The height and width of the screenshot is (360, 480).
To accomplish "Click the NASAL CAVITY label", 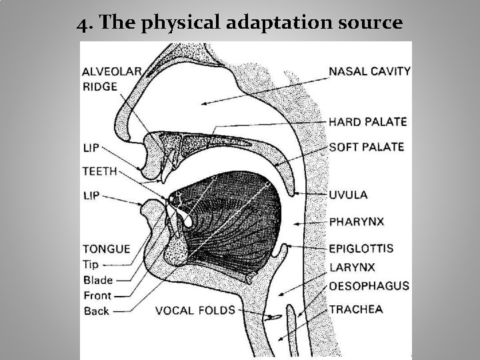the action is coord(369,71).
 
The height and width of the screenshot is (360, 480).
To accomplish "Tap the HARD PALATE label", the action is coord(368,122).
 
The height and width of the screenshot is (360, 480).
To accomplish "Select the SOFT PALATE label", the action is coord(367,147).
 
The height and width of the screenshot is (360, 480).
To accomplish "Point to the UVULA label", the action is coord(348,195).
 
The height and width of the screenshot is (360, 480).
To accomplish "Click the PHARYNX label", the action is coord(357,220).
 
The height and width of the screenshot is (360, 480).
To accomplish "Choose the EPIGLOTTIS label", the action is coord(361,249).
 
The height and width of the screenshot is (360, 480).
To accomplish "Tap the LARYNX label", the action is coord(351,268).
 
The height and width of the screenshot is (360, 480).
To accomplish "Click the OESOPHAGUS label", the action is coord(369,286).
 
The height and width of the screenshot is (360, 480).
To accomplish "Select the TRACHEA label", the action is coord(355,309).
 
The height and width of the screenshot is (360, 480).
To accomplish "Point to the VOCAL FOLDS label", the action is coord(195,310).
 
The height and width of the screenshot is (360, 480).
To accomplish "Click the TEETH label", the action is coord(100,171).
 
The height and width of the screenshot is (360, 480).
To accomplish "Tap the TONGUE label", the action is coord(106,249).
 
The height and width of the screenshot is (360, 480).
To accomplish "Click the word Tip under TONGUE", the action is coord(94,265).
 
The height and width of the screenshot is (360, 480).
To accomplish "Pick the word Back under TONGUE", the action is coord(97,311).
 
